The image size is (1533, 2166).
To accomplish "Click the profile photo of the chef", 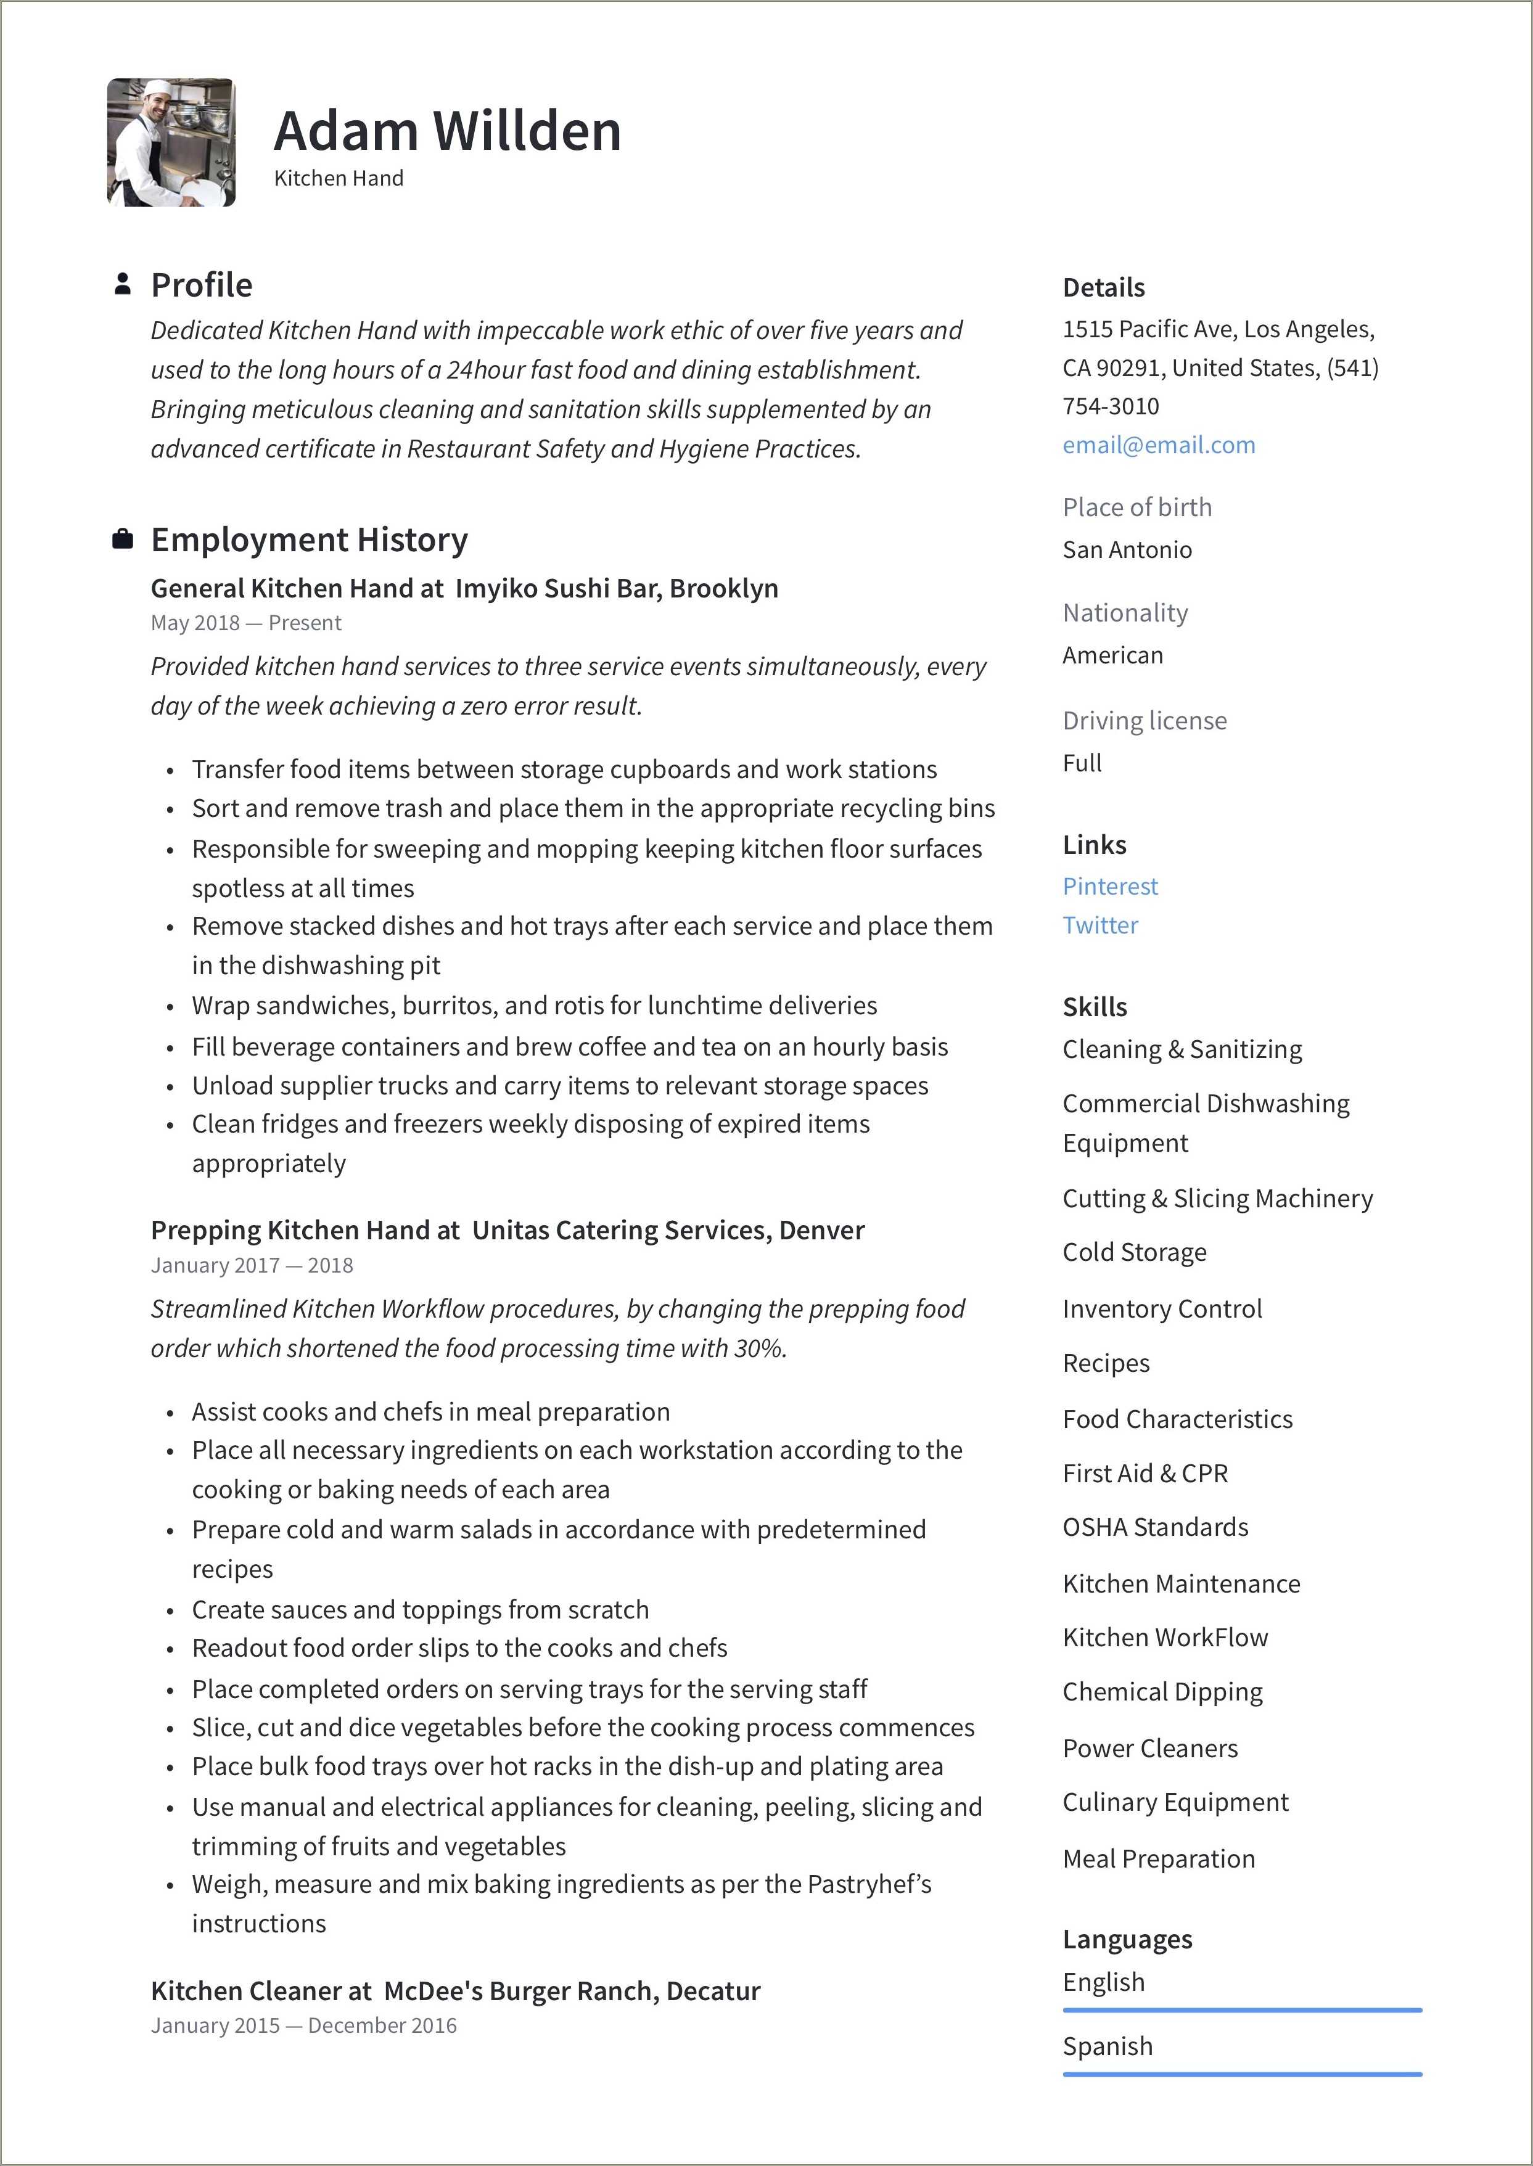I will click(x=171, y=142).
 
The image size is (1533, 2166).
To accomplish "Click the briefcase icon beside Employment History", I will click(x=121, y=539).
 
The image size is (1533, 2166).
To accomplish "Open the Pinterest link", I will click(x=1109, y=886).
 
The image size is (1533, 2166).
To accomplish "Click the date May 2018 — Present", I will click(x=245, y=623).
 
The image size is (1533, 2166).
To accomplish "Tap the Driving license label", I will click(x=1144, y=720).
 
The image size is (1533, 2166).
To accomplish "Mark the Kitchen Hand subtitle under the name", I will click(x=338, y=178).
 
